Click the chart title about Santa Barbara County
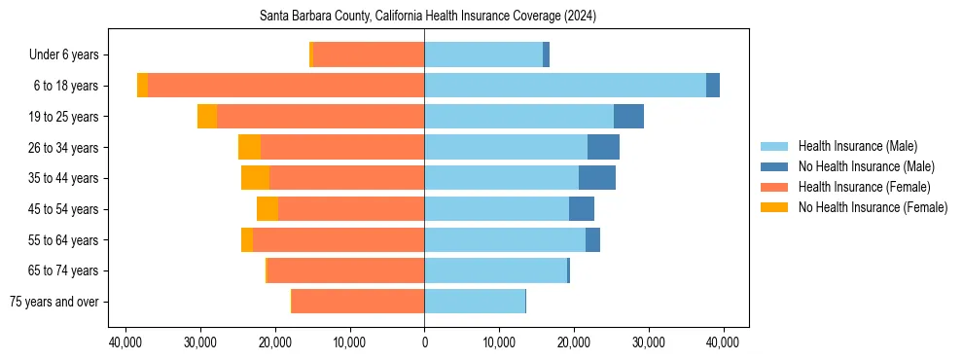click(x=428, y=17)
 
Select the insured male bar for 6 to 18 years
click(x=564, y=86)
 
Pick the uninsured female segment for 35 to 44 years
click(x=255, y=178)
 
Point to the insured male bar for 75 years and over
click(x=475, y=302)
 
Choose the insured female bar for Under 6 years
click(x=369, y=55)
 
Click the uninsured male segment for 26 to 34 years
click(x=603, y=148)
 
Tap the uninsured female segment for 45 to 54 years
click(x=267, y=209)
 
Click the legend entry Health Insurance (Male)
click(x=857, y=146)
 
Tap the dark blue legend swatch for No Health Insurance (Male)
click(x=774, y=166)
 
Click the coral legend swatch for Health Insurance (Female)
click(x=774, y=187)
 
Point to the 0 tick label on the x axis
click(x=424, y=342)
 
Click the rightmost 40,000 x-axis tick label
click(x=723, y=342)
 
